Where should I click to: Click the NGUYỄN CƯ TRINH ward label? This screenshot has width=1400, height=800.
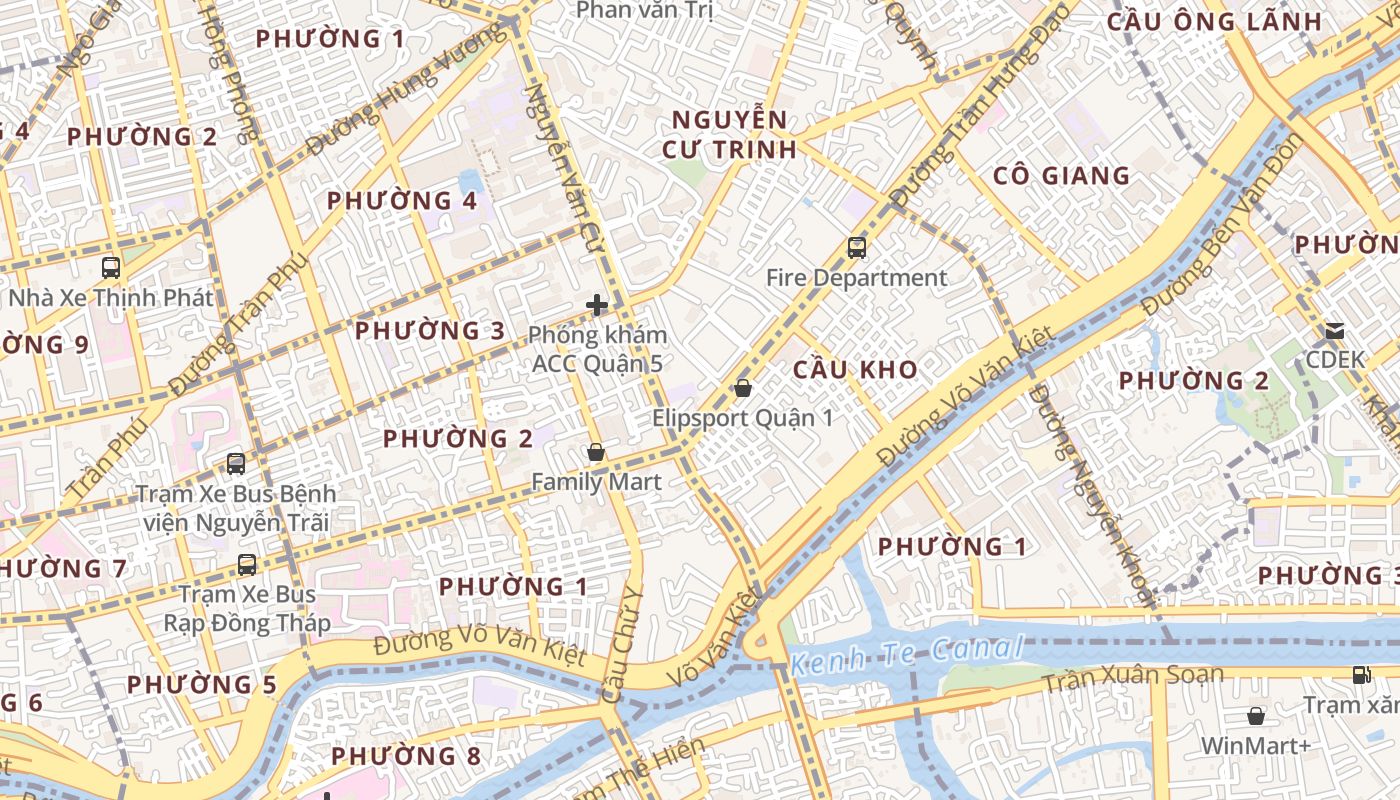click(729, 135)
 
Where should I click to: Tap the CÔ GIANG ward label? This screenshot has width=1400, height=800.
click(1061, 176)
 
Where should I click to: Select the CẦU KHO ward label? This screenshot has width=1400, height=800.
click(855, 369)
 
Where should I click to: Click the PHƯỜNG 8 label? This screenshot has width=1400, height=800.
click(406, 756)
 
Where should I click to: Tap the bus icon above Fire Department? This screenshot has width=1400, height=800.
click(856, 247)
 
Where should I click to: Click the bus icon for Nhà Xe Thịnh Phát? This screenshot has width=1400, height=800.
click(111, 268)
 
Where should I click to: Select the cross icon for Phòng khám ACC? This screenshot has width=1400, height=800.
click(597, 305)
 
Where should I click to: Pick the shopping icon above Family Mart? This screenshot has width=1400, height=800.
click(596, 452)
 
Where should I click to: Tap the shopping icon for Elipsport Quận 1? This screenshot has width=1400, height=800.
click(742, 388)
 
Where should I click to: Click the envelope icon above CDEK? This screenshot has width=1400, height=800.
click(1334, 330)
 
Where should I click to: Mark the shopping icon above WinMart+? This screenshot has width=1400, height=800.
click(1255, 716)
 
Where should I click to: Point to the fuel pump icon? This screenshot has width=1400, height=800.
click(1361, 675)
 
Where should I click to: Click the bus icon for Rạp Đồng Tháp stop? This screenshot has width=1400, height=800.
click(246, 565)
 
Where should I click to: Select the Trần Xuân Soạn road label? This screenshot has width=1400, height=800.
click(1132, 678)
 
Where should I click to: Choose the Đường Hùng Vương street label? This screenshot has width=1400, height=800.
click(406, 92)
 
